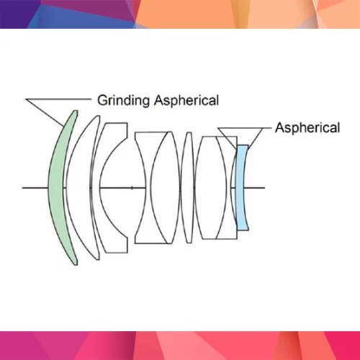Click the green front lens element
[x=57, y=187]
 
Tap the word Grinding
[x=124, y=101]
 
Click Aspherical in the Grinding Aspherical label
[x=186, y=101]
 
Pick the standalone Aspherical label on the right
[x=307, y=128]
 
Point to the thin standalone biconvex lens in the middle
[x=187, y=187]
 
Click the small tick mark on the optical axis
[x=132, y=188]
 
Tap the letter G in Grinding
[x=102, y=100]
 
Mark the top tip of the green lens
[x=76, y=111]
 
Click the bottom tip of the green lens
[x=76, y=264]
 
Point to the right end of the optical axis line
[x=265, y=188]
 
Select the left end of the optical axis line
[x=22, y=188]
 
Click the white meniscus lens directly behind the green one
[x=79, y=187]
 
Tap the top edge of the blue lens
[x=243, y=145]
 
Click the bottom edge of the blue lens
[x=243, y=230]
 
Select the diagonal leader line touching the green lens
[x=45, y=112]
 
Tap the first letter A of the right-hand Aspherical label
[x=279, y=127]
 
